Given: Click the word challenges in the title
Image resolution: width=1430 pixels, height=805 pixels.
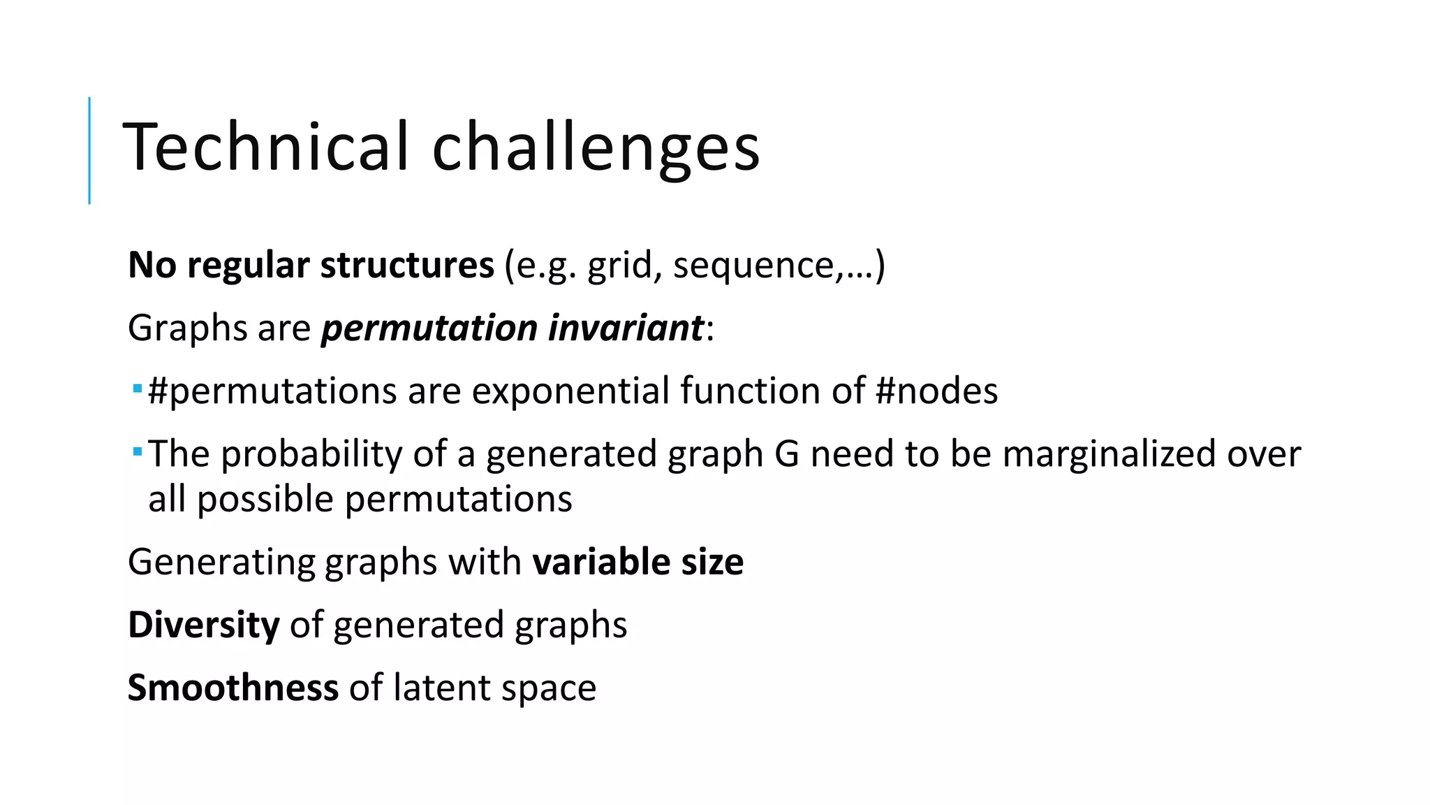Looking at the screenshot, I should pos(596,148).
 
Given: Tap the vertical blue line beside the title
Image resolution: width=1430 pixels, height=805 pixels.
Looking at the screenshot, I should pos(89,150).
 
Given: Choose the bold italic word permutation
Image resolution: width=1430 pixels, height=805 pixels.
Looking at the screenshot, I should pos(429,329).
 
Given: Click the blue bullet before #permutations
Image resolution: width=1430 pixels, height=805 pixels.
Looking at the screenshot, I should pos(138,388).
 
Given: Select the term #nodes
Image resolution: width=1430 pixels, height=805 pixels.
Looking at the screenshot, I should pos(936,391).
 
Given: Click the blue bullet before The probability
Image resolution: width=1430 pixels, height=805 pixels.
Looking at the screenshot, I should pos(138,451).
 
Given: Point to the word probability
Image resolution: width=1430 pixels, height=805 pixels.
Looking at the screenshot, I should pos(311,454).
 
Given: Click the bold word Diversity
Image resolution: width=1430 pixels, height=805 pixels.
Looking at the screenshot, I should pos(204,625).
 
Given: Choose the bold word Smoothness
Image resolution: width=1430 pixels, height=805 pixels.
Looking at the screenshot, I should pos(233,688).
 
